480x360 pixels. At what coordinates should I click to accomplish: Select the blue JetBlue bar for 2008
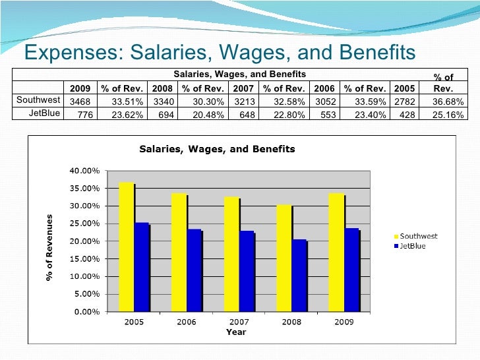point(299,275)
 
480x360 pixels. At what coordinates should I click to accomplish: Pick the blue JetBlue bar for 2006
point(195,270)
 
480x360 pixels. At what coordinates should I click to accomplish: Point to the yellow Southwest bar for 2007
point(231,254)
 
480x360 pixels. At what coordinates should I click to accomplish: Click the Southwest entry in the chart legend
point(415,237)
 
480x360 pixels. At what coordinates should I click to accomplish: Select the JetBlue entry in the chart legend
point(412,245)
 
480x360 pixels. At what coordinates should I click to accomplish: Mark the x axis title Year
point(236,332)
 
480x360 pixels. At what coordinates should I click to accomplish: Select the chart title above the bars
point(217,149)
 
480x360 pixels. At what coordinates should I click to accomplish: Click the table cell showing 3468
point(80,101)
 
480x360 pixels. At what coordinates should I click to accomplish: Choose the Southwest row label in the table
point(38,101)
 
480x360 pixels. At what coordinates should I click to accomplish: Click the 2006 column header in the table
point(323,88)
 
